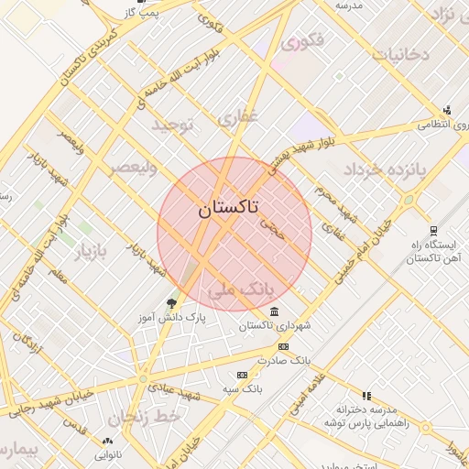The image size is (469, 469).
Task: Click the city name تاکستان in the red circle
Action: point(228,208)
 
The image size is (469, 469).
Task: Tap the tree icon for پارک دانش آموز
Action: point(171,303)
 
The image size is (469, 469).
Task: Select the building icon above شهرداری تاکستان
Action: point(275,313)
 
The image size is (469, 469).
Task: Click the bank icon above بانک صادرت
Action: point(283,346)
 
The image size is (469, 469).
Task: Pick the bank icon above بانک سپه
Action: point(242,375)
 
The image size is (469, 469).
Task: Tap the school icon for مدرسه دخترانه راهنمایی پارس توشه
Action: point(366,396)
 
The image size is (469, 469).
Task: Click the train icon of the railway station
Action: point(433,231)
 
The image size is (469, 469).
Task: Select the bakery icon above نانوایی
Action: point(107,442)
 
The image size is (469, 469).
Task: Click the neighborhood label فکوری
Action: point(301,42)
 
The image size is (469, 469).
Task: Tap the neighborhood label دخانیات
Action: point(398,54)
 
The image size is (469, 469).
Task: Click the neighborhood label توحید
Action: point(174,124)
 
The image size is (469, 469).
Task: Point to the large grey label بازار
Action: point(90,252)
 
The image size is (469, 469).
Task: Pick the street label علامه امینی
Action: point(308,395)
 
